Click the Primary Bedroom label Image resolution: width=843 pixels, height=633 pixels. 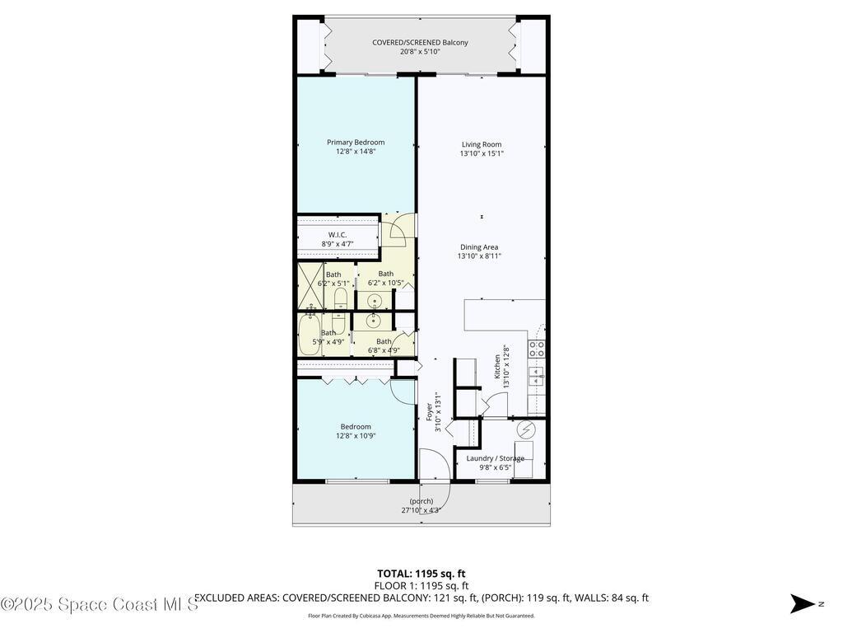pyautogui.click(x=355, y=143)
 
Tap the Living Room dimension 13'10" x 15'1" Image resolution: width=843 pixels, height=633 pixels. pyautogui.click(x=482, y=153)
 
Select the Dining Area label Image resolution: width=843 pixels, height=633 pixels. pyautogui.click(x=478, y=247)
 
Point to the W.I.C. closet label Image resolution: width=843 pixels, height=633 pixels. pyautogui.click(x=337, y=235)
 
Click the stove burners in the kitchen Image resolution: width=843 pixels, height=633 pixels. pyautogui.click(x=537, y=349)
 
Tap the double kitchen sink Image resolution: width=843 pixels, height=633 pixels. pyautogui.click(x=537, y=377)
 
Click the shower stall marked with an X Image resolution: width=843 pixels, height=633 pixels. pyautogui.click(x=310, y=284)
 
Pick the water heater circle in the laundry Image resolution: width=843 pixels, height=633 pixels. pyautogui.click(x=525, y=430)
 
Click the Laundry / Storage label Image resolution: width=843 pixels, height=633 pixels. pyautogui.click(x=495, y=458)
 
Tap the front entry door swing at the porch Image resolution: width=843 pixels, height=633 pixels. pyautogui.click(x=435, y=476)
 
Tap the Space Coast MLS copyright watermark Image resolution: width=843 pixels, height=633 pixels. pyautogui.click(x=100, y=604)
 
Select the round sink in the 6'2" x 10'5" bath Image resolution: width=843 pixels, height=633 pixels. pyautogui.click(x=374, y=300)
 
